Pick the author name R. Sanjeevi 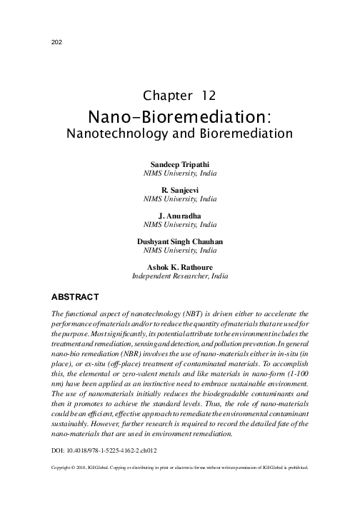(179, 191)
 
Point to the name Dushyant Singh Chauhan (179, 241)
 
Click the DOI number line (105, 452)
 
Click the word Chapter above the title (165, 96)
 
